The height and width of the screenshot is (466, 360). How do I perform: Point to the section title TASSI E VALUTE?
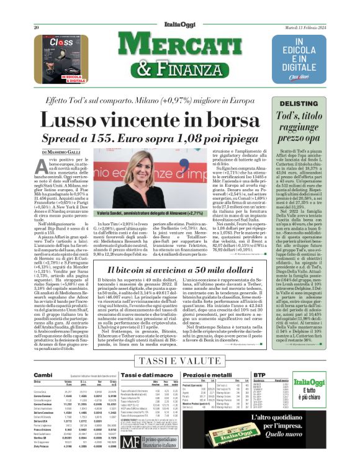click(180, 361)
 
